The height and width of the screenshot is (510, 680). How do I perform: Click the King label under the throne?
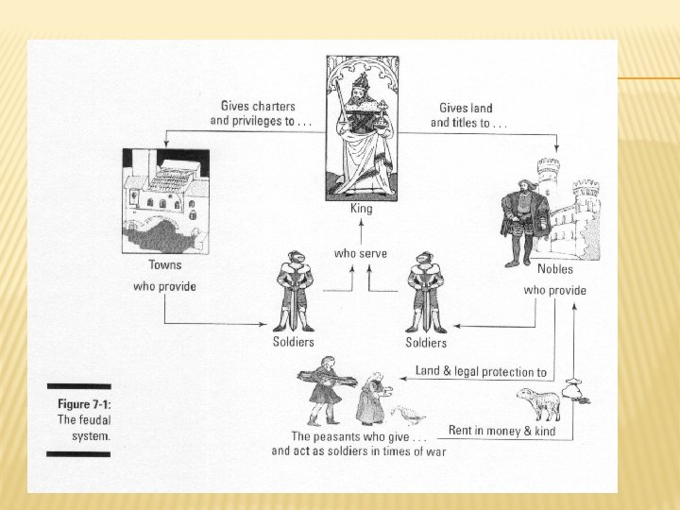361,209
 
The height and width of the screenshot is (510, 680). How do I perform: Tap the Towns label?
164,265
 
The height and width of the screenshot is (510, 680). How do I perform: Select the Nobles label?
554,270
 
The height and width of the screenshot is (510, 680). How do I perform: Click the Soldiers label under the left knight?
293,341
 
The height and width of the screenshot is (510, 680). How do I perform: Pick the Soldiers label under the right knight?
426,342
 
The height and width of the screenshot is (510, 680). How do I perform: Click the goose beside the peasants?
408,414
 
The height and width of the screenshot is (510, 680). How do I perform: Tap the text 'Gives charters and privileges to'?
260,113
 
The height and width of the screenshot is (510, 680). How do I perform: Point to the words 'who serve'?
360,253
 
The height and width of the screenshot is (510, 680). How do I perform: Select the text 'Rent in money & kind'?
501,432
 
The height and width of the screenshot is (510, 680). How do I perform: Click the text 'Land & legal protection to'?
481,371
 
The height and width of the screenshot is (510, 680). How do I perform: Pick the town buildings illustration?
165,199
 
